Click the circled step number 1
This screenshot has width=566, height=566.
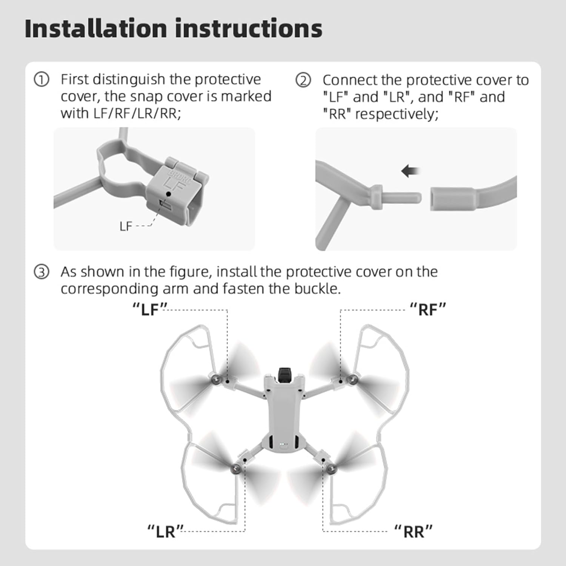click(42, 80)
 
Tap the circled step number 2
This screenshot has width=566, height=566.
click(303, 80)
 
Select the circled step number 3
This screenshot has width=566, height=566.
click(42, 272)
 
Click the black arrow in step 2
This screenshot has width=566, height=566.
click(411, 171)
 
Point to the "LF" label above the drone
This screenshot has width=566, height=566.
click(150, 309)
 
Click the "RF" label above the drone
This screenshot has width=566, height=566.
click(428, 309)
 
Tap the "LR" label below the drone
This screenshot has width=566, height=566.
click(165, 532)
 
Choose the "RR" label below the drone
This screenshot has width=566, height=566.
click(413, 532)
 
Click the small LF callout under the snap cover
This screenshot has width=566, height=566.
click(126, 226)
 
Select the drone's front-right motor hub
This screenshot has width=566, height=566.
click(352, 379)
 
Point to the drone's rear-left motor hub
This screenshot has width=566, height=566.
click(236, 468)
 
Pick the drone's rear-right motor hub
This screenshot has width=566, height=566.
click(332, 468)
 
